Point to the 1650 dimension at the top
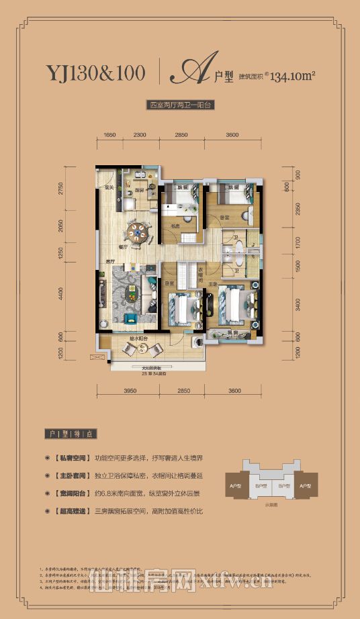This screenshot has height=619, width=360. [111, 135]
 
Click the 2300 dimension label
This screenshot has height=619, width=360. [140, 135]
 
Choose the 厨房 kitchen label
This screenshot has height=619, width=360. [140, 191]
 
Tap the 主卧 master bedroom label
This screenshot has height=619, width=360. [212, 285]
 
